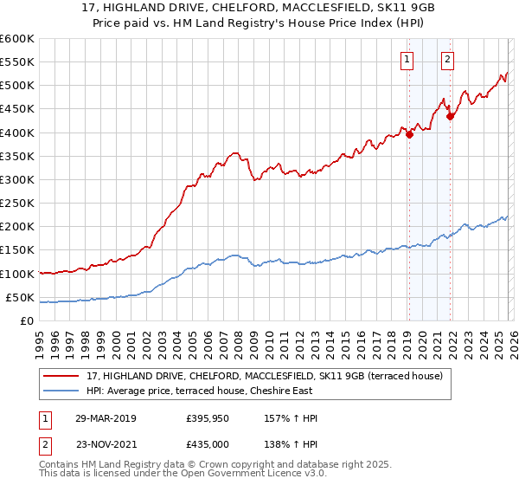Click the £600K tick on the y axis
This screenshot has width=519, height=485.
[16, 39]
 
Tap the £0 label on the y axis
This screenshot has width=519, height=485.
[27, 320]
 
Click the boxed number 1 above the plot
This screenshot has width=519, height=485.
[407, 60]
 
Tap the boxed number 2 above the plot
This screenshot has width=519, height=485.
[447, 60]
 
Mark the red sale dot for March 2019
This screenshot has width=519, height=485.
[409, 134]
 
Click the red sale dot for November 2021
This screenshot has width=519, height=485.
[450, 116]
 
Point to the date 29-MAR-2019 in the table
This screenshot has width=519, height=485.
[105, 418]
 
